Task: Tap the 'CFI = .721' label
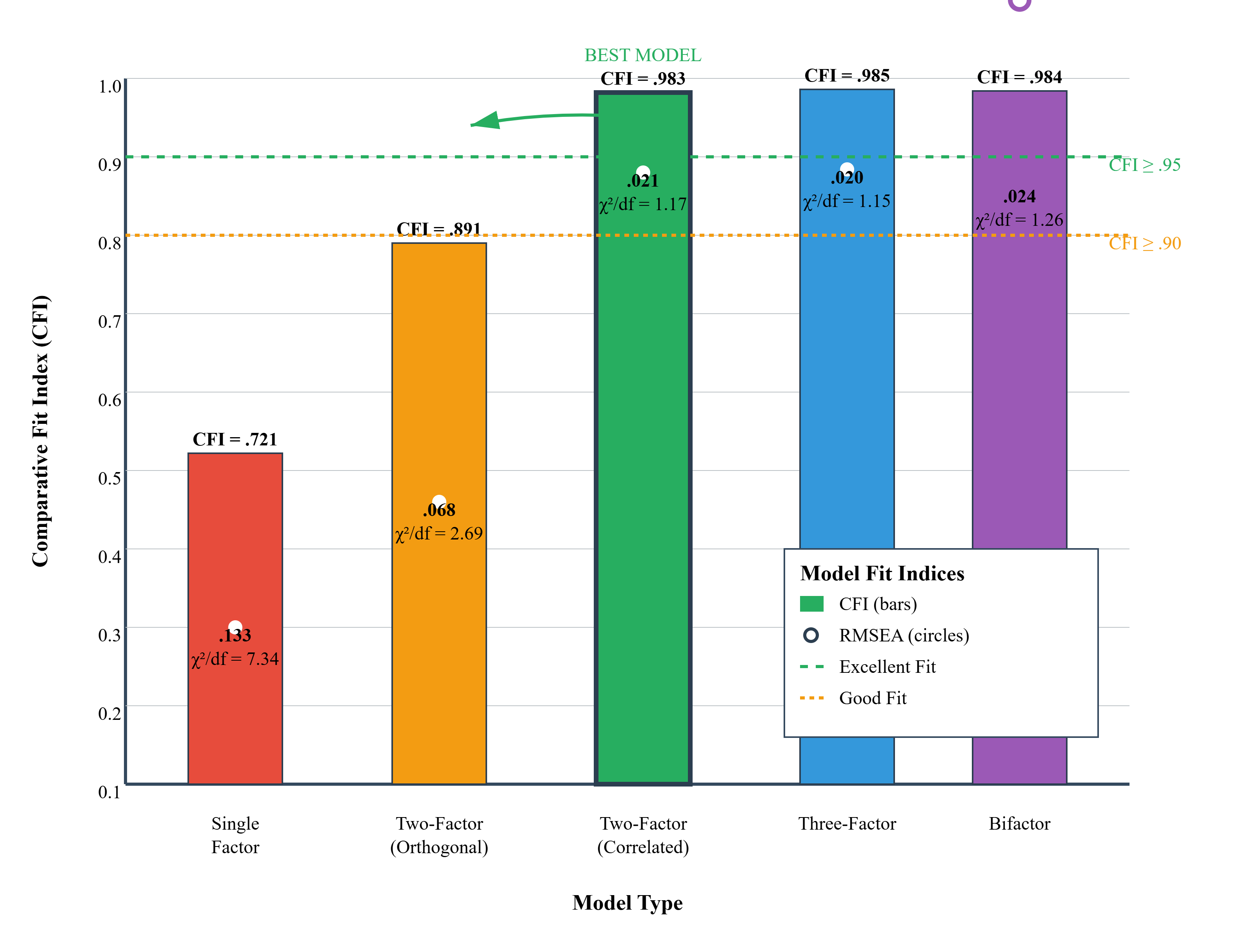[x=235, y=439]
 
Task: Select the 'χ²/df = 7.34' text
[x=235, y=659]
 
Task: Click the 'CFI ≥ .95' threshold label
[x=1144, y=165]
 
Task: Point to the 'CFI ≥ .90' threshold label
[x=1144, y=243]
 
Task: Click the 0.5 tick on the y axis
[x=109, y=478]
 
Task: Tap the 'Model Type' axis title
[x=627, y=903]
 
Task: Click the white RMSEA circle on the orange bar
[x=439, y=501]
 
